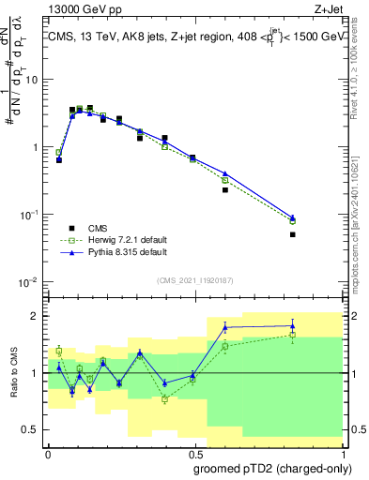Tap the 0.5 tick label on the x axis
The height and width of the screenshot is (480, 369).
coord(192,453)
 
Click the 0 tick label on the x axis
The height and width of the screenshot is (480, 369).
coord(48,453)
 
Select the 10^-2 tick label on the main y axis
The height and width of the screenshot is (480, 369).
coord(27,283)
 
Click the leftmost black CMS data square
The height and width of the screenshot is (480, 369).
coord(59,160)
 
